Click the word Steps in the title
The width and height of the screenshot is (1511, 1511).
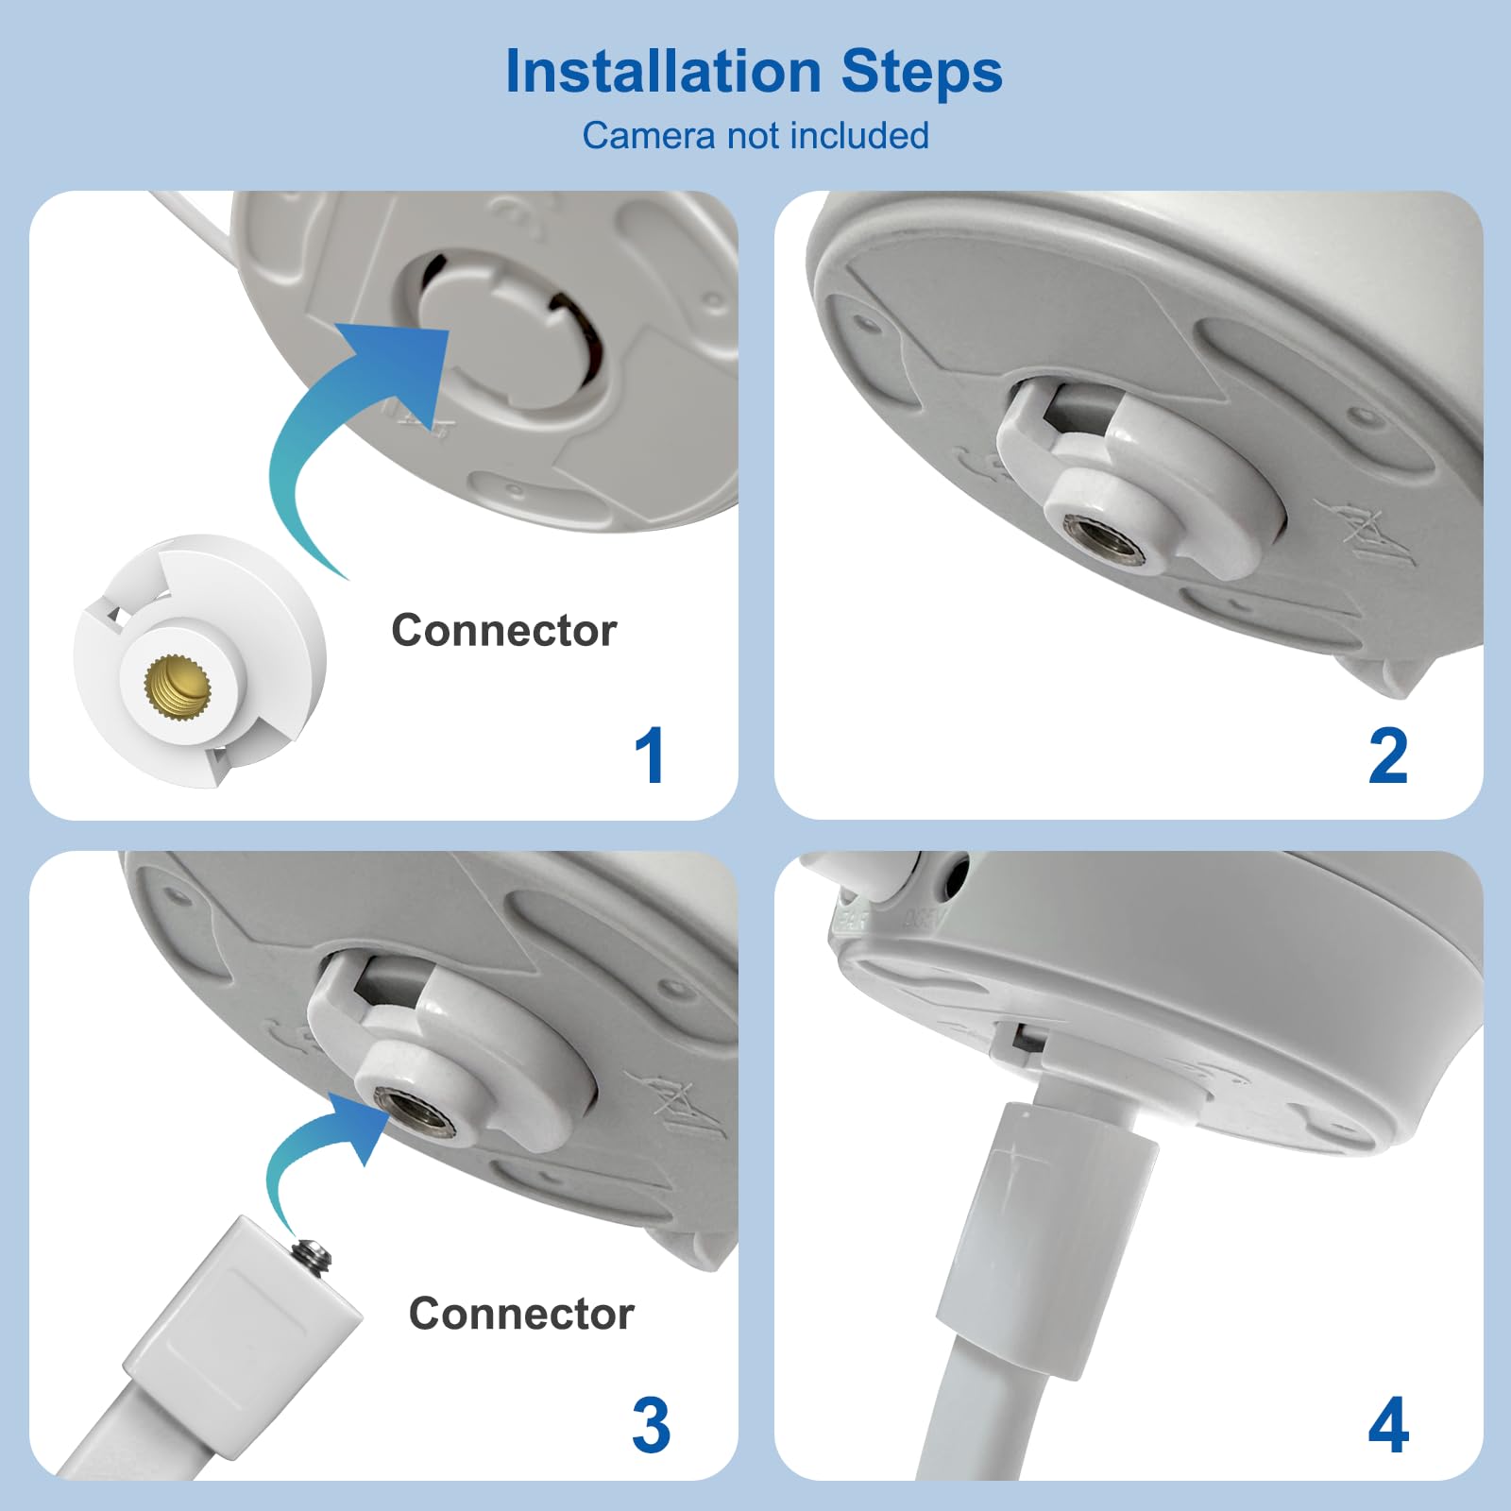(x=921, y=72)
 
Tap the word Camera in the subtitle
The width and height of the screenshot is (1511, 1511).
(x=648, y=136)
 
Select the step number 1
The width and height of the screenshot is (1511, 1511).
(x=650, y=755)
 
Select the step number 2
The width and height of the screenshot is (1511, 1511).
(x=1387, y=755)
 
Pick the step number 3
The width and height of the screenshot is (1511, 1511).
(x=651, y=1425)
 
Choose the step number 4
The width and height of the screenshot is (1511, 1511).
(x=1388, y=1425)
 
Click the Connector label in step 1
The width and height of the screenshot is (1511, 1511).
(x=503, y=631)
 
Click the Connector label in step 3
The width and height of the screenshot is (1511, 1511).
(x=520, y=1314)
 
